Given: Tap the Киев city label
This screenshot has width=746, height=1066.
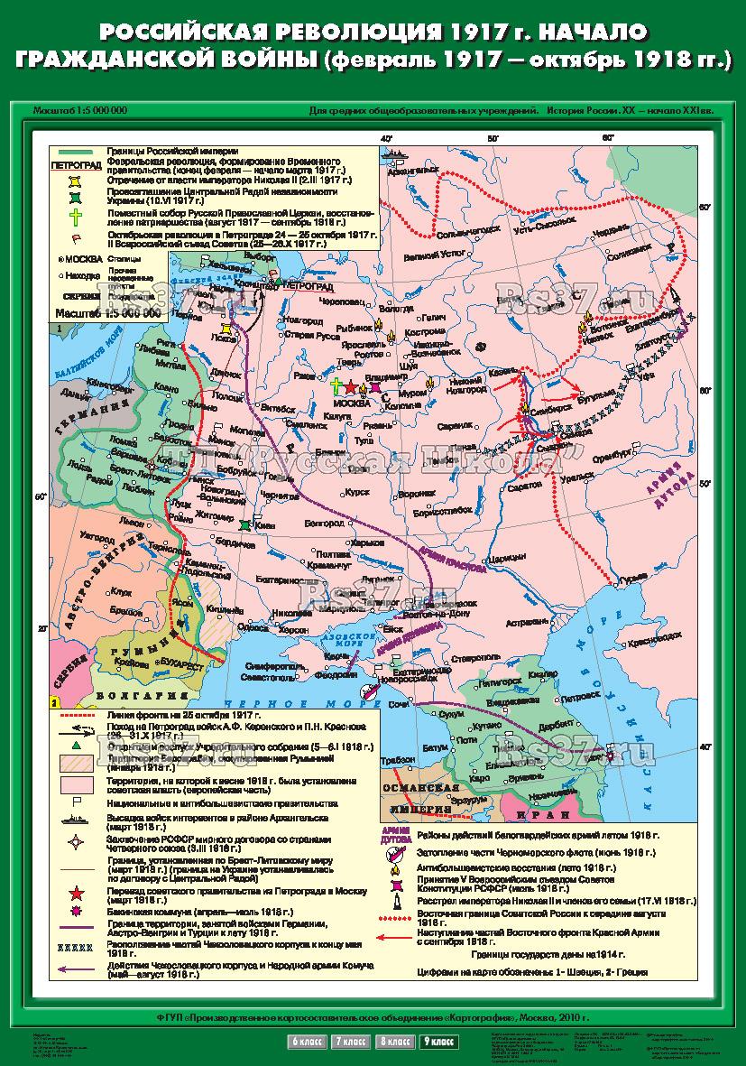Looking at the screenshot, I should (x=264, y=524).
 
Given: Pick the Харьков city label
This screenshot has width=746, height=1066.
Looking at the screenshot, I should (x=367, y=542).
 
